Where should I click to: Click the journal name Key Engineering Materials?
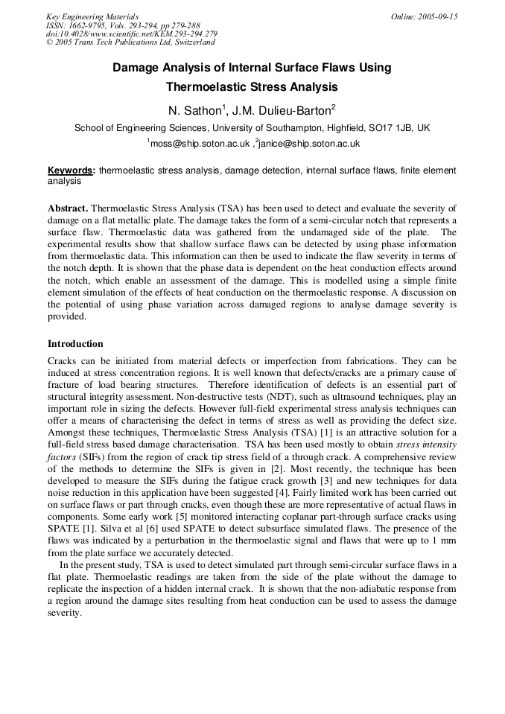(92, 16)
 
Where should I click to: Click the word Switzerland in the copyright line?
(194, 42)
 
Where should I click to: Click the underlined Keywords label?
(71, 171)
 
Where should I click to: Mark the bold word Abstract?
(68, 208)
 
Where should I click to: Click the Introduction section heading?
(75, 344)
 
